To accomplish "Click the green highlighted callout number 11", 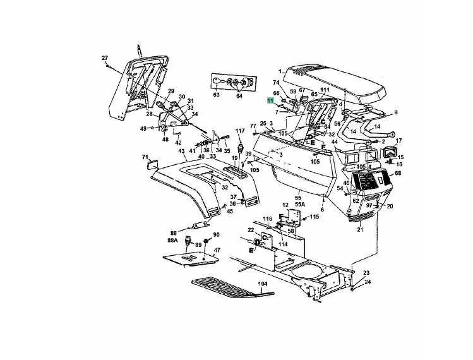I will [x=270, y=101].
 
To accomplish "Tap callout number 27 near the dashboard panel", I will [x=105, y=58].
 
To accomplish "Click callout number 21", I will [x=360, y=229].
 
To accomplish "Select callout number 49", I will [x=143, y=129].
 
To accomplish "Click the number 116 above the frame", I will [x=268, y=218].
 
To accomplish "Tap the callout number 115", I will [x=314, y=217].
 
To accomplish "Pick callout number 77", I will [x=253, y=126].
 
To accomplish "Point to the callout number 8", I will [x=396, y=112].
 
